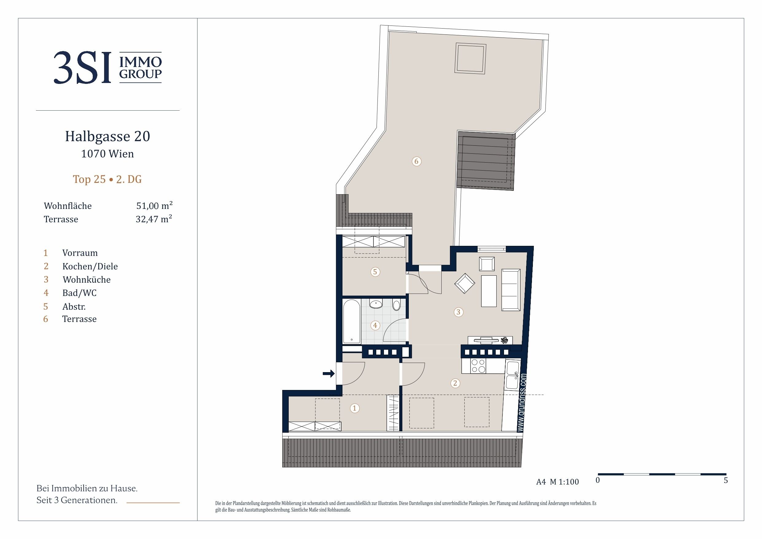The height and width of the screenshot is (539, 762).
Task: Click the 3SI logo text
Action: point(82,67)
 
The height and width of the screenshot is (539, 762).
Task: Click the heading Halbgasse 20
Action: point(107,136)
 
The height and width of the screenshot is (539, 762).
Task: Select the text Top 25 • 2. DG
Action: point(107,179)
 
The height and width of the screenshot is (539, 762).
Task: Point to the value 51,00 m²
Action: point(154,205)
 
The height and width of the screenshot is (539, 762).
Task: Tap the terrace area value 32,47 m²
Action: point(154,218)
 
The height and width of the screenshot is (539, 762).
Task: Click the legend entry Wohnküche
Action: point(87,280)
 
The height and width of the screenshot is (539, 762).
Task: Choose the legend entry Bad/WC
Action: point(79,293)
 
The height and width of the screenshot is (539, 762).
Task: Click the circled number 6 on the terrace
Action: point(416,161)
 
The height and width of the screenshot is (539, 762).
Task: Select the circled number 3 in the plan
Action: point(458,312)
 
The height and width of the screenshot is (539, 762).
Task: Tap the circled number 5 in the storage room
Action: point(375,272)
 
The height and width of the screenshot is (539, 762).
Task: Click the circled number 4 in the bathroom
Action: point(375,325)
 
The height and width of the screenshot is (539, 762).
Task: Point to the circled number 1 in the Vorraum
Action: point(354,408)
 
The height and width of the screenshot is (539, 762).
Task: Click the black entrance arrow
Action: point(329,374)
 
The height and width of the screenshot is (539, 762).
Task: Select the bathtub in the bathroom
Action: point(351,321)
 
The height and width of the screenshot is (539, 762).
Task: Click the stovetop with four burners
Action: point(479,366)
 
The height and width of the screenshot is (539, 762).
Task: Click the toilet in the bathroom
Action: point(396,305)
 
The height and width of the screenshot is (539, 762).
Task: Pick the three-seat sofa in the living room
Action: point(511,290)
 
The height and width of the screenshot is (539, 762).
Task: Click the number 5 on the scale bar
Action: point(725,480)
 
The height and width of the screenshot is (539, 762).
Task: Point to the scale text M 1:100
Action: point(564,482)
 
